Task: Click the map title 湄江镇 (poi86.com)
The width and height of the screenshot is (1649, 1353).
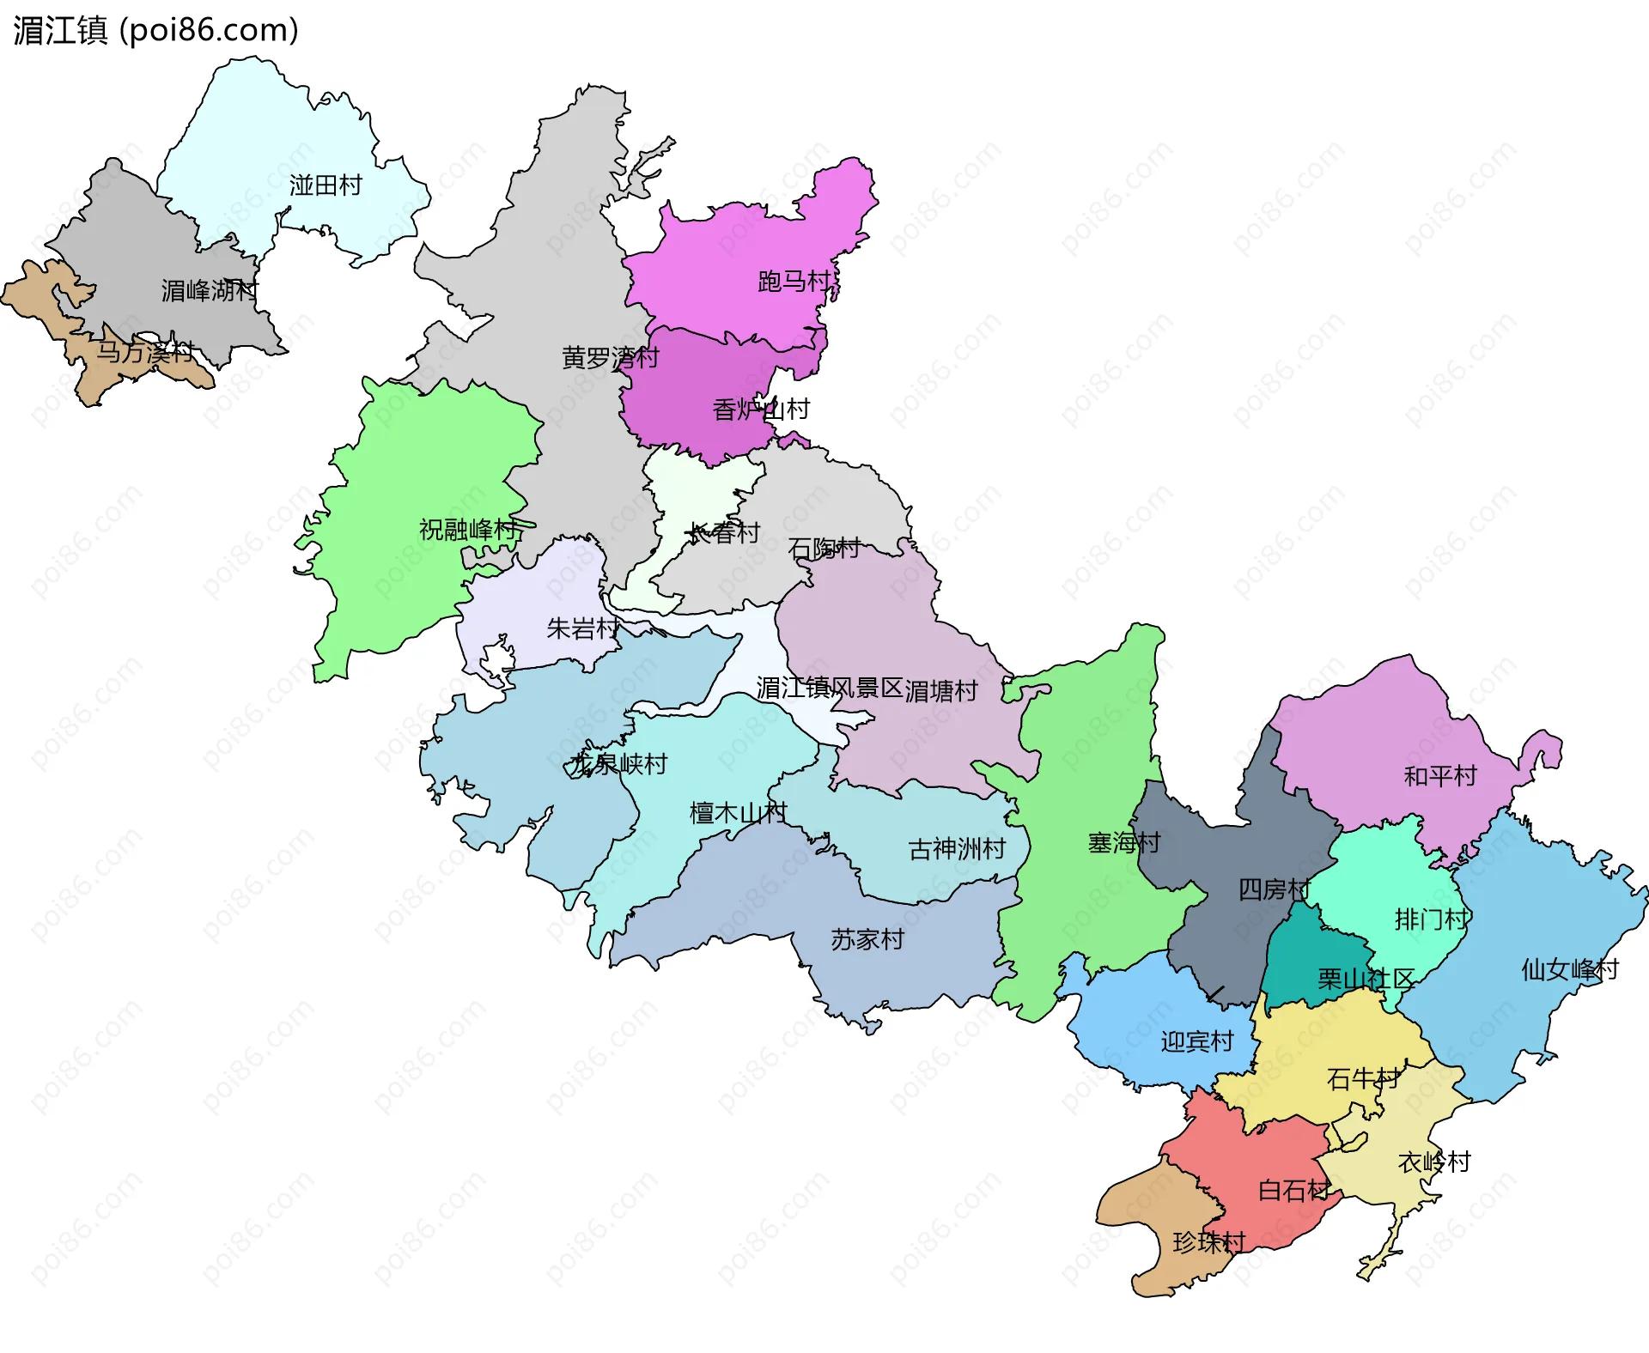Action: pyautogui.click(x=155, y=30)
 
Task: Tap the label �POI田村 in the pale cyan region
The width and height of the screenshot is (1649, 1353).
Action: pyautogui.click(x=326, y=185)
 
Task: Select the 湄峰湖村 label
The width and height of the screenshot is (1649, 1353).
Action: pyautogui.click(x=209, y=291)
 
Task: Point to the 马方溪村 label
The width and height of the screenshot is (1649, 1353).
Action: pyautogui.click(x=145, y=352)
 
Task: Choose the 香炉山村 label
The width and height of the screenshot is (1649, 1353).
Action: pyautogui.click(x=761, y=410)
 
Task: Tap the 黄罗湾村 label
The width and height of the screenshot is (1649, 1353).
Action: pyautogui.click(x=610, y=358)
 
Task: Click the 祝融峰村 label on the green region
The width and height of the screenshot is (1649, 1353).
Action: pyautogui.click(x=468, y=530)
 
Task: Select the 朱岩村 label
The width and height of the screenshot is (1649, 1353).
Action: pyautogui.click(x=583, y=629)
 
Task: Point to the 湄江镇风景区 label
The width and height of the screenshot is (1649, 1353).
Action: pyautogui.click(x=830, y=688)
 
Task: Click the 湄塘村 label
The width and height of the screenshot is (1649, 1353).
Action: pyautogui.click(x=941, y=691)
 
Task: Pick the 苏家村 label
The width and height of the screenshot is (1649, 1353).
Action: pyautogui.click(x=867, y=940)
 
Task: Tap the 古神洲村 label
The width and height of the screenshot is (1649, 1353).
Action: pyautogui.click(x=957, y=849)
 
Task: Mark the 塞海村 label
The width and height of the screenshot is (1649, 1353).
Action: pyautogui.click(x=1123, y=843)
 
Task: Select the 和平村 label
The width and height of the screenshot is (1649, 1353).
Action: pyautogui.click(x=1439, y=776)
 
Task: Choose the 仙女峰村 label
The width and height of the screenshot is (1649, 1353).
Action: pyautogui.click(x=1569, y=970)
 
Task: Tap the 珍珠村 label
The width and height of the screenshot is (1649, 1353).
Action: pyautogui.click(x=1208, y=1242)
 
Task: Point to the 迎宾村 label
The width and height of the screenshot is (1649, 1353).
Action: pyautogui.click(x=1196, y=1042)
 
